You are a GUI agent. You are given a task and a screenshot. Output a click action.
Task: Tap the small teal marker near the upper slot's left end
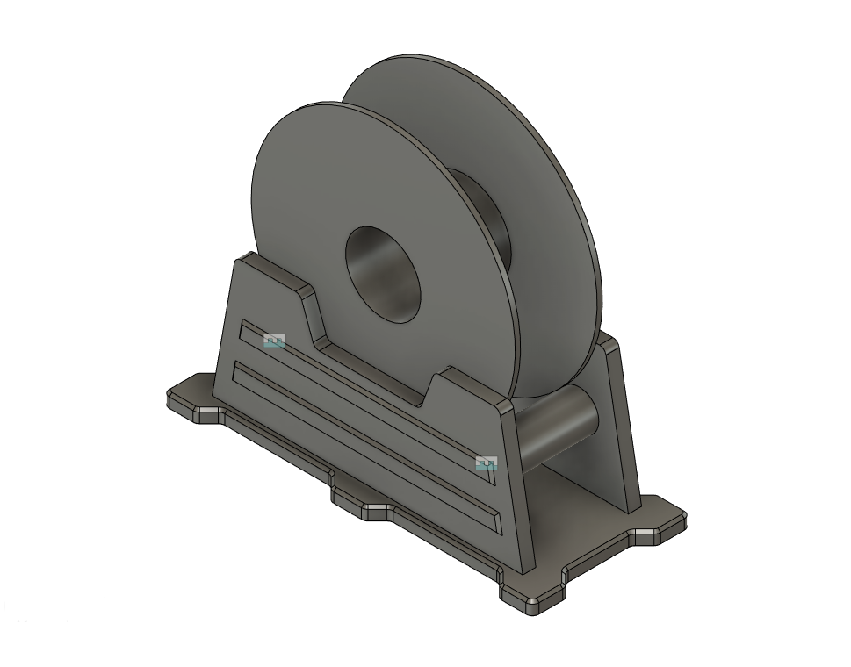pos(275,341)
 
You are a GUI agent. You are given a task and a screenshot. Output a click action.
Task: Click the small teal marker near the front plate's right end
pos(486,463)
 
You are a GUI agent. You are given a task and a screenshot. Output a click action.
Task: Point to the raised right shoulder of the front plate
pos(470,386)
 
